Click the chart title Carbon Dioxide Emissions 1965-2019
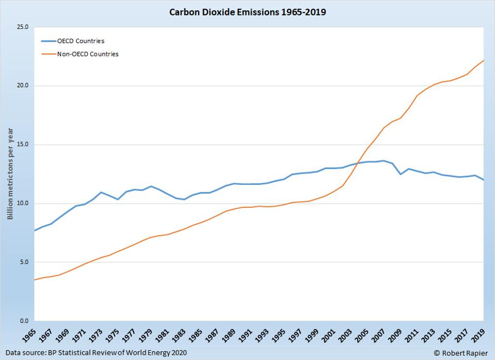(247, 11)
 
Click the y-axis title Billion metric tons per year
(10, 173)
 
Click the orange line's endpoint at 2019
(483, 60)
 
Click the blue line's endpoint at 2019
(483, 180)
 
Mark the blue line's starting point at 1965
(34, 231)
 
